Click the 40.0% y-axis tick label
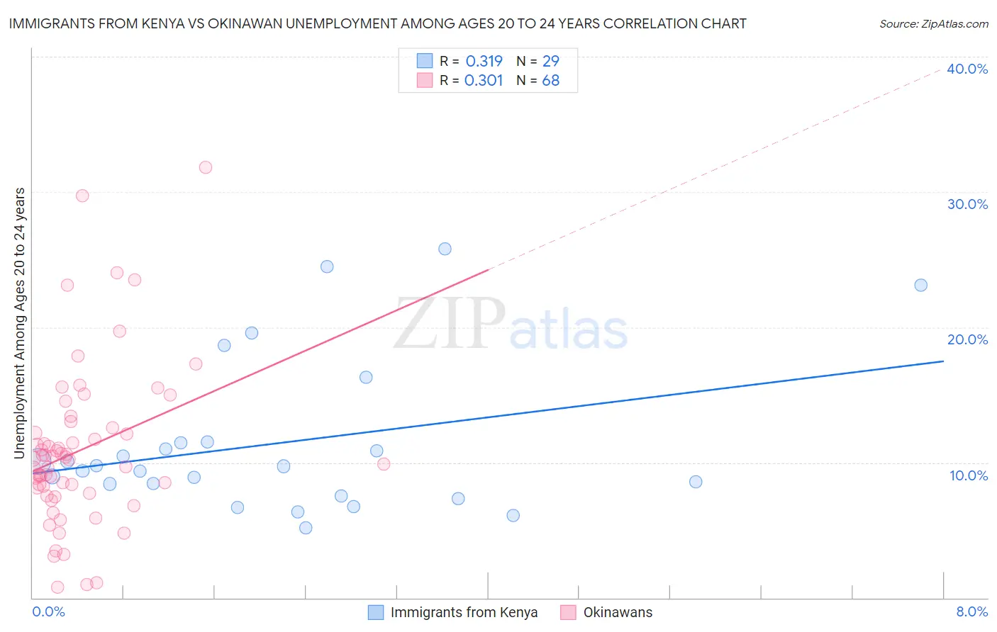coord(967,69)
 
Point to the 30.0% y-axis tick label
coord(967,204)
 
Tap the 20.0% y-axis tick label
coord(967,339)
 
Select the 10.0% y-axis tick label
coord(969,475)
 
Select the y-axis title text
coord(20,323)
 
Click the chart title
coord(377,23)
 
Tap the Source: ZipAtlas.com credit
coord(933,24)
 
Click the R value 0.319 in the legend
coord(484,62)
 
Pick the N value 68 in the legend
coord(550,81)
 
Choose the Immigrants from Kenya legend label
coord(464,613)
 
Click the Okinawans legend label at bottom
coord(618,613)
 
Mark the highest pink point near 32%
coord(206,167)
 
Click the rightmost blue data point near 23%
coord(920,286)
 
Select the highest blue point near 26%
coord(445,249)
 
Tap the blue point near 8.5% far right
coord(696,482)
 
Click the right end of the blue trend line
coord(943,361)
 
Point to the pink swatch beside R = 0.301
coord(425,81)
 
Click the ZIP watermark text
coord(450,325)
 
